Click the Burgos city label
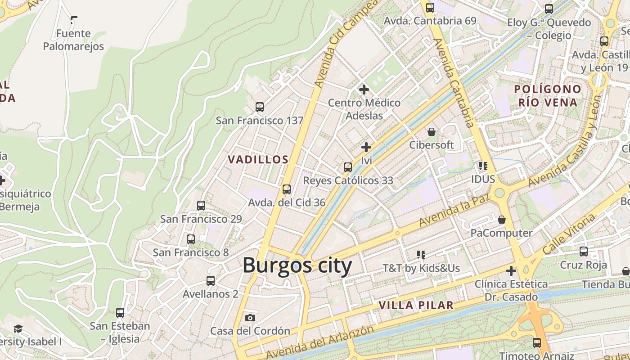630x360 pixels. tap(297, 265)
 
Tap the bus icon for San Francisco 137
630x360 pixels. tap(260, 107)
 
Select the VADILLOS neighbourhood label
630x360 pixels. tap(258, 160)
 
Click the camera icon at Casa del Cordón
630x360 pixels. tap(250, 318)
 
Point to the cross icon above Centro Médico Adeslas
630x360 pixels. tap(364, 90)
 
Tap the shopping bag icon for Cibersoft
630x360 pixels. tap(432, 132)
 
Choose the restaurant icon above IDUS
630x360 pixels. tap(483, 166)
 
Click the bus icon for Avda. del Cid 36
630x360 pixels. tap(287, 189)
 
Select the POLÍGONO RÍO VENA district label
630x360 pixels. tap(548, 95)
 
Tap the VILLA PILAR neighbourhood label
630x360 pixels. tap(416, 305)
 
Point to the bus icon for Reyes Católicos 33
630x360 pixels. tap(348, 167)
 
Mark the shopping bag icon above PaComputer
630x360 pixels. tap(502, 220)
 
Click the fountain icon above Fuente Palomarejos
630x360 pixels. tap(73, 20)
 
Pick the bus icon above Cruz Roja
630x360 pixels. tap(584, 252)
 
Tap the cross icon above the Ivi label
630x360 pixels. tap(366, 147)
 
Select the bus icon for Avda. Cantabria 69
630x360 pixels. tap(430, 8)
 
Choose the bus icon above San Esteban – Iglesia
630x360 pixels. tap(120, 313)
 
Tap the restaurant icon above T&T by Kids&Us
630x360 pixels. tap(421, 255)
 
